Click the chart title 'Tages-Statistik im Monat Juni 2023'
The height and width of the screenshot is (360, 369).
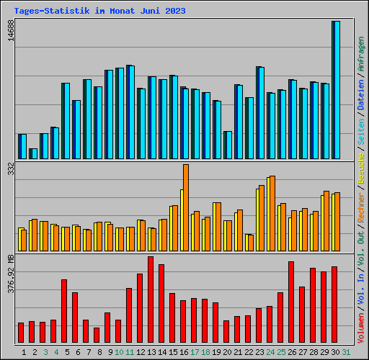tap(99, 11)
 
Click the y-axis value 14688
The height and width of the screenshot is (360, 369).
tap(10, 31)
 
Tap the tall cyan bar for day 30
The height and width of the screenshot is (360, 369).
tap(337, 90)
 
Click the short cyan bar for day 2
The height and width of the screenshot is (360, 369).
tap(34, 153)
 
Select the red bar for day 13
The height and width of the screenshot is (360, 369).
tap(151, 300)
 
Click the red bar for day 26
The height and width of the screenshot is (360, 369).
tap(291, 302)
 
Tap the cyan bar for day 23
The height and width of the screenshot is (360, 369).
tap(261, 112)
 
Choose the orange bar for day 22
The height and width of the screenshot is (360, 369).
tap(250, 243)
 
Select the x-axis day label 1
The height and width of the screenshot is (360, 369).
tap(25, 351)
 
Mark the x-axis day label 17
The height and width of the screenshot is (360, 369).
tap(195, 351)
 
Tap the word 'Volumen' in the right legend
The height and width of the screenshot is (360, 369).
tap(361, 330)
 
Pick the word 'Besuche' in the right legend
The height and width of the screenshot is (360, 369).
tap(361, 172)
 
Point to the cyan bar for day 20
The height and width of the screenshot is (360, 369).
tap(228, 145)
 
